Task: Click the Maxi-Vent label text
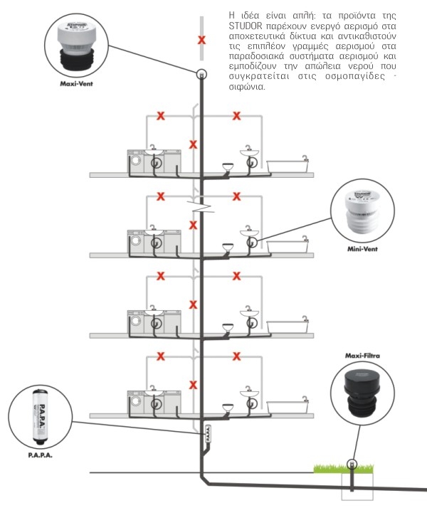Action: pyautogui.click(x=76, y=83)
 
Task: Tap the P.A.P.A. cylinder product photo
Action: pyautogui.click(x=38, y=416)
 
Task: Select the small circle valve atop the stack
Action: pyautogui.click(x=201, y=73)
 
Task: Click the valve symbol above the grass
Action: pyautogui.click(x=351, y=464)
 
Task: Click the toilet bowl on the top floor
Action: pyautogui.click(x=228, y=167)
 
